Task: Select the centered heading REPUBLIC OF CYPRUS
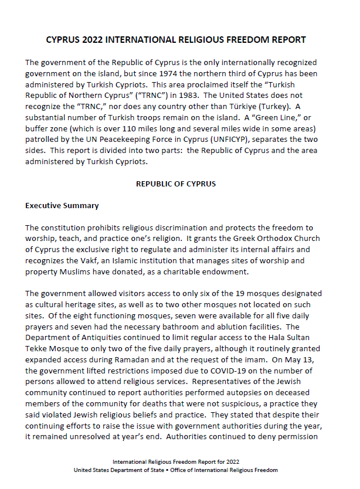(176, 184)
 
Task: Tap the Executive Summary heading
(62, 206)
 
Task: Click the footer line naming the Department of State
(176, 470)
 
